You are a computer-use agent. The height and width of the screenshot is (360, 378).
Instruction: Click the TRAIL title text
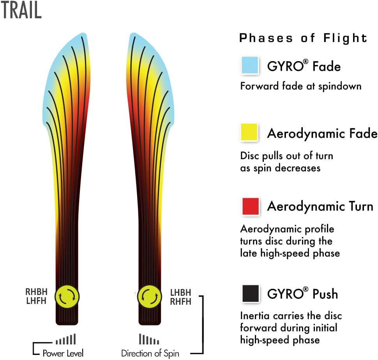coord(21,11)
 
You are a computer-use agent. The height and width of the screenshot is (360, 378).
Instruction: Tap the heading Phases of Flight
coord(303,38)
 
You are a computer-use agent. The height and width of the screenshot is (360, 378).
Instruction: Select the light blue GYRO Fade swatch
coord(250,65)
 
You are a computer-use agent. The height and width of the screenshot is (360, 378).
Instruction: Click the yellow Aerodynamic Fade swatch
coord(250,132)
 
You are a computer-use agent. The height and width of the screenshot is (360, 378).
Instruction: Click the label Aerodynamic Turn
coord(320,206)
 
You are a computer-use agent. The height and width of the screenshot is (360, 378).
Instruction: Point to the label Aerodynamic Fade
coord(322,133)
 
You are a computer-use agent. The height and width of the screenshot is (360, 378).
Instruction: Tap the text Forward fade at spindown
coord(300,86)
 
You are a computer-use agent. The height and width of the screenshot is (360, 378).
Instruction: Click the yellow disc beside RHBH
coord(67,297)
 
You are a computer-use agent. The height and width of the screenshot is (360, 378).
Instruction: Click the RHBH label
coord(36,292)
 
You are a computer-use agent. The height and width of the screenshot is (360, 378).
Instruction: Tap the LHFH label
coord(36,301)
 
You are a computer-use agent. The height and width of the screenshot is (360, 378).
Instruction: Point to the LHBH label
coord(181,292)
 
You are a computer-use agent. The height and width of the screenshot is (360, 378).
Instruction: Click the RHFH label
coord(181,301)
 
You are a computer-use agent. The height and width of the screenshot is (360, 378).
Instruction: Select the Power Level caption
coord(63,353)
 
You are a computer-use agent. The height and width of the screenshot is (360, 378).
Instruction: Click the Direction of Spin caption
coord(150,353)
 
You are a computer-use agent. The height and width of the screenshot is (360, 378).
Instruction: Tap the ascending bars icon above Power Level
coord(65,339)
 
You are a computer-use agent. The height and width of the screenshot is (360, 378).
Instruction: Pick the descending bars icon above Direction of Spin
coord(149,339)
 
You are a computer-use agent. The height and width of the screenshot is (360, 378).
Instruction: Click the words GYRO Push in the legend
coord(302,294)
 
